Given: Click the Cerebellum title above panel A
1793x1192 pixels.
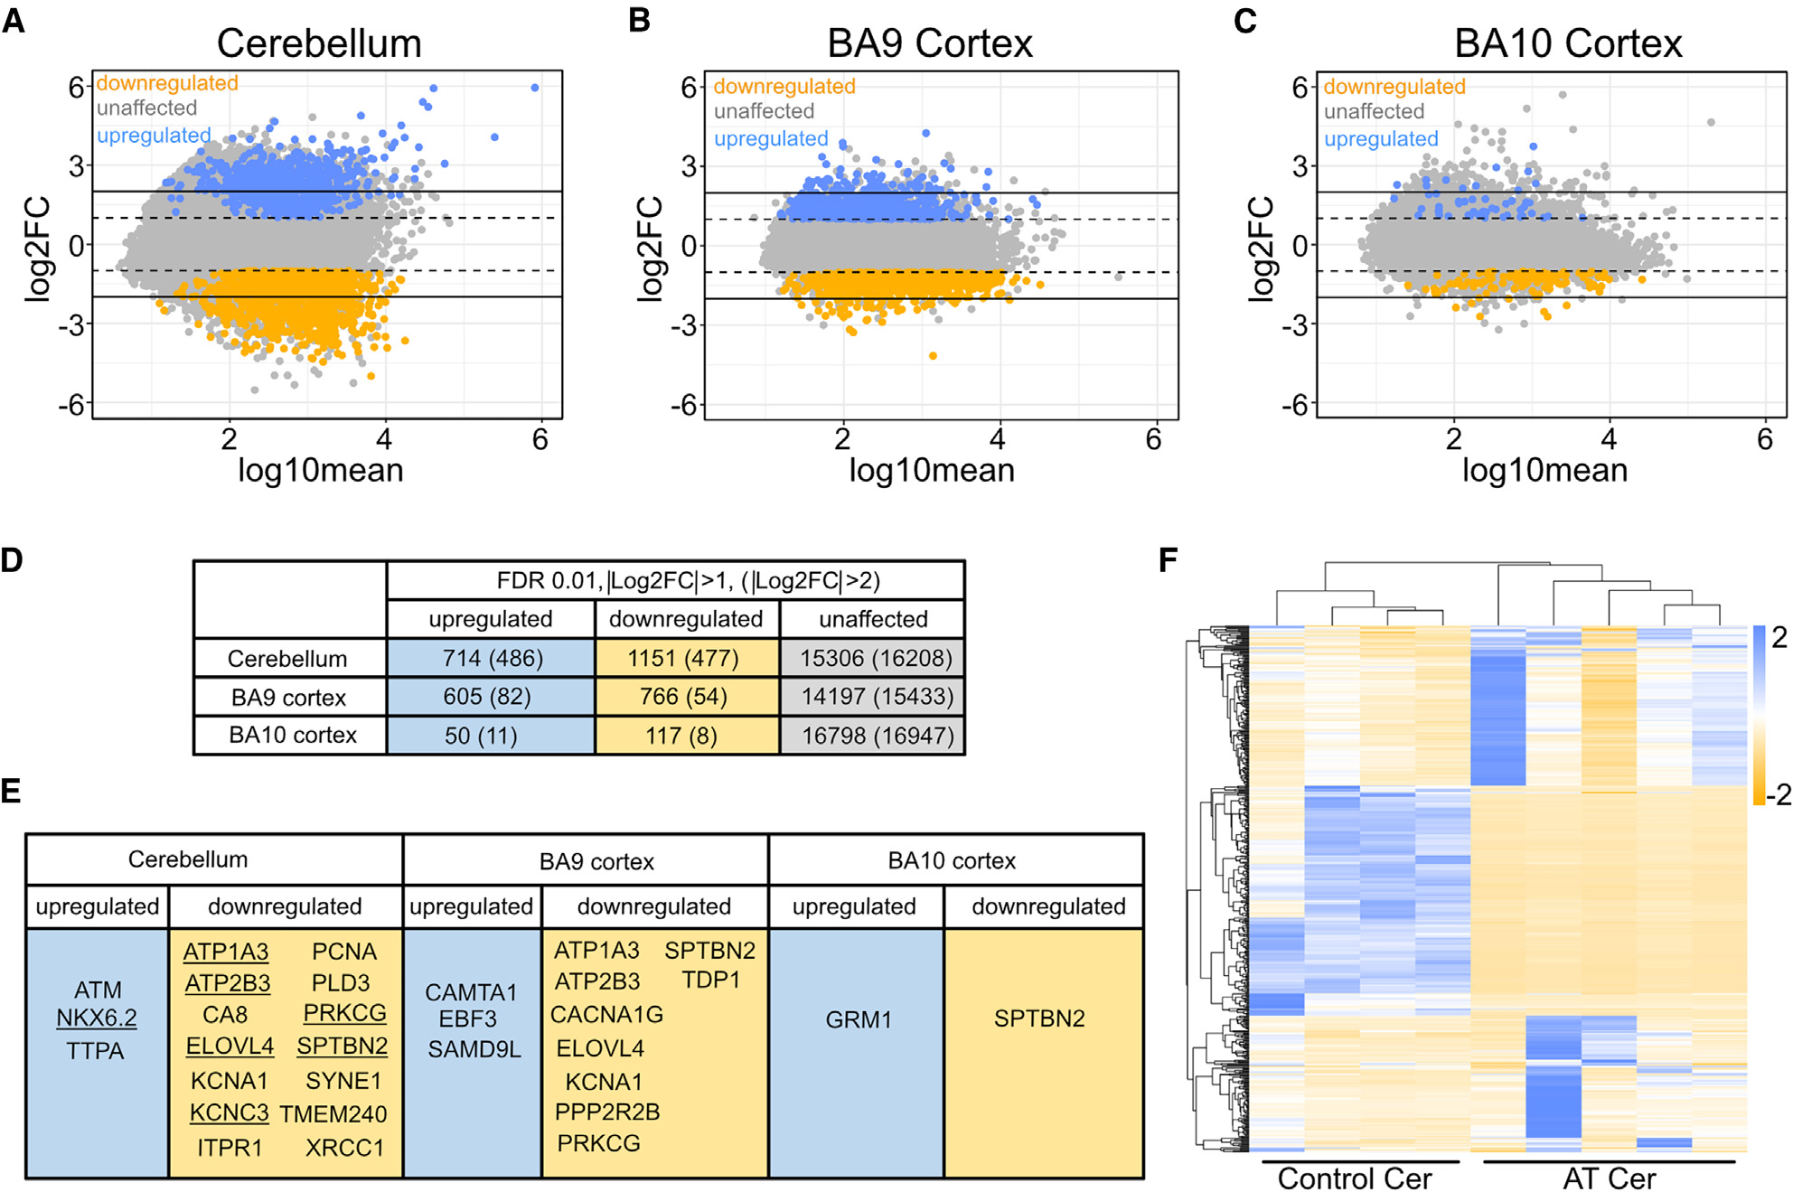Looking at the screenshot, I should pos(319,43).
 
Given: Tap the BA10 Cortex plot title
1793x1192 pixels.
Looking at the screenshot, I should pos(1568,43).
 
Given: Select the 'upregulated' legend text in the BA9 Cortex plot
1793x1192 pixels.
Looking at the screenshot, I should pos(771,139).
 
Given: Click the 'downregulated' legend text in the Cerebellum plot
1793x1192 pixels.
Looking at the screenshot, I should pos(167,83).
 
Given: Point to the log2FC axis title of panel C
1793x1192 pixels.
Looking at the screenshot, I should pos(1262,249).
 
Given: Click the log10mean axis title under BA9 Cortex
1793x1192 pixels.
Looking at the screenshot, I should pos(931,471).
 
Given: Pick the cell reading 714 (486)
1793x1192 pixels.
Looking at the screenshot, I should pos(493,659).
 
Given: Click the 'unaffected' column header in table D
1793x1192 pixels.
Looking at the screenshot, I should pos(873,619).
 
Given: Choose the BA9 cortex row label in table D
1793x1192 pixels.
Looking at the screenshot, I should pos(288,698).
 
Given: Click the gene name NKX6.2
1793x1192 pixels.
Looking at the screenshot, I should pos(97,1018).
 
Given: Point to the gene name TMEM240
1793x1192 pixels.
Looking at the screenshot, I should pos(333,1114).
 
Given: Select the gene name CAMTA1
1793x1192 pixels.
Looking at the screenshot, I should pos(471,992).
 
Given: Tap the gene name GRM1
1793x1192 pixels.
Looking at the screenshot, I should pos(859,1020).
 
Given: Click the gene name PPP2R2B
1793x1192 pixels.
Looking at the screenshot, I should pos(607,1112).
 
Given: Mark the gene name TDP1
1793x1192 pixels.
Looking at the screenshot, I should pos(711,981).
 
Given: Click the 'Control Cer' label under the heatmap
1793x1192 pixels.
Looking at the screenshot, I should pos(1355,1178).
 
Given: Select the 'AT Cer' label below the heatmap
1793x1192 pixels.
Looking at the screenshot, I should pos(1609,1178).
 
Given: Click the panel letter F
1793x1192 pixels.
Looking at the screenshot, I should pos(1169,560).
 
